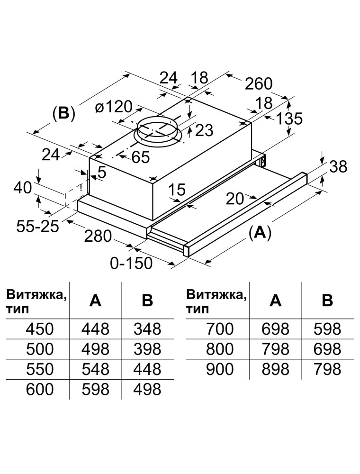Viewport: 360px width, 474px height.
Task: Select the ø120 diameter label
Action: pyautogui.click(x=114, y=107)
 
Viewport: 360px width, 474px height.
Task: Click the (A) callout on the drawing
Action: pyautogui.click(x=260, y=232)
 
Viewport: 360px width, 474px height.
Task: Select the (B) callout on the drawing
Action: pyautogui.click(x=63, y=114)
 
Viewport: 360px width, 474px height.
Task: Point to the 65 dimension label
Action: pyautogui.click(x=140, y=157)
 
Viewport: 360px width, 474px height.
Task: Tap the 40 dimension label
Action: pyautogui.click(x=22, y=188)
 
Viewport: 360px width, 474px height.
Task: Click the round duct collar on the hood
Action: pyautogui.click(x=159, y=130)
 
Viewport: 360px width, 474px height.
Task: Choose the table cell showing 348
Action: pyautogui.click(x=148, y=328)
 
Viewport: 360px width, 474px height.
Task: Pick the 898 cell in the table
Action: pyautogui.click(x=276, y=369)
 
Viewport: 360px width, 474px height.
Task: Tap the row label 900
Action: pyautogui.click(x=220, y=369)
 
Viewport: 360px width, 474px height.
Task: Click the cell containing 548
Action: pyautogui.click(x=96, y=369)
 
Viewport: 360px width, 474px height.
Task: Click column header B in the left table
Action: pyautogui.click(x=148, y=301)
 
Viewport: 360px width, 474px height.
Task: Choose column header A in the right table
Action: pyautogui.click(x=276, y=301)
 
